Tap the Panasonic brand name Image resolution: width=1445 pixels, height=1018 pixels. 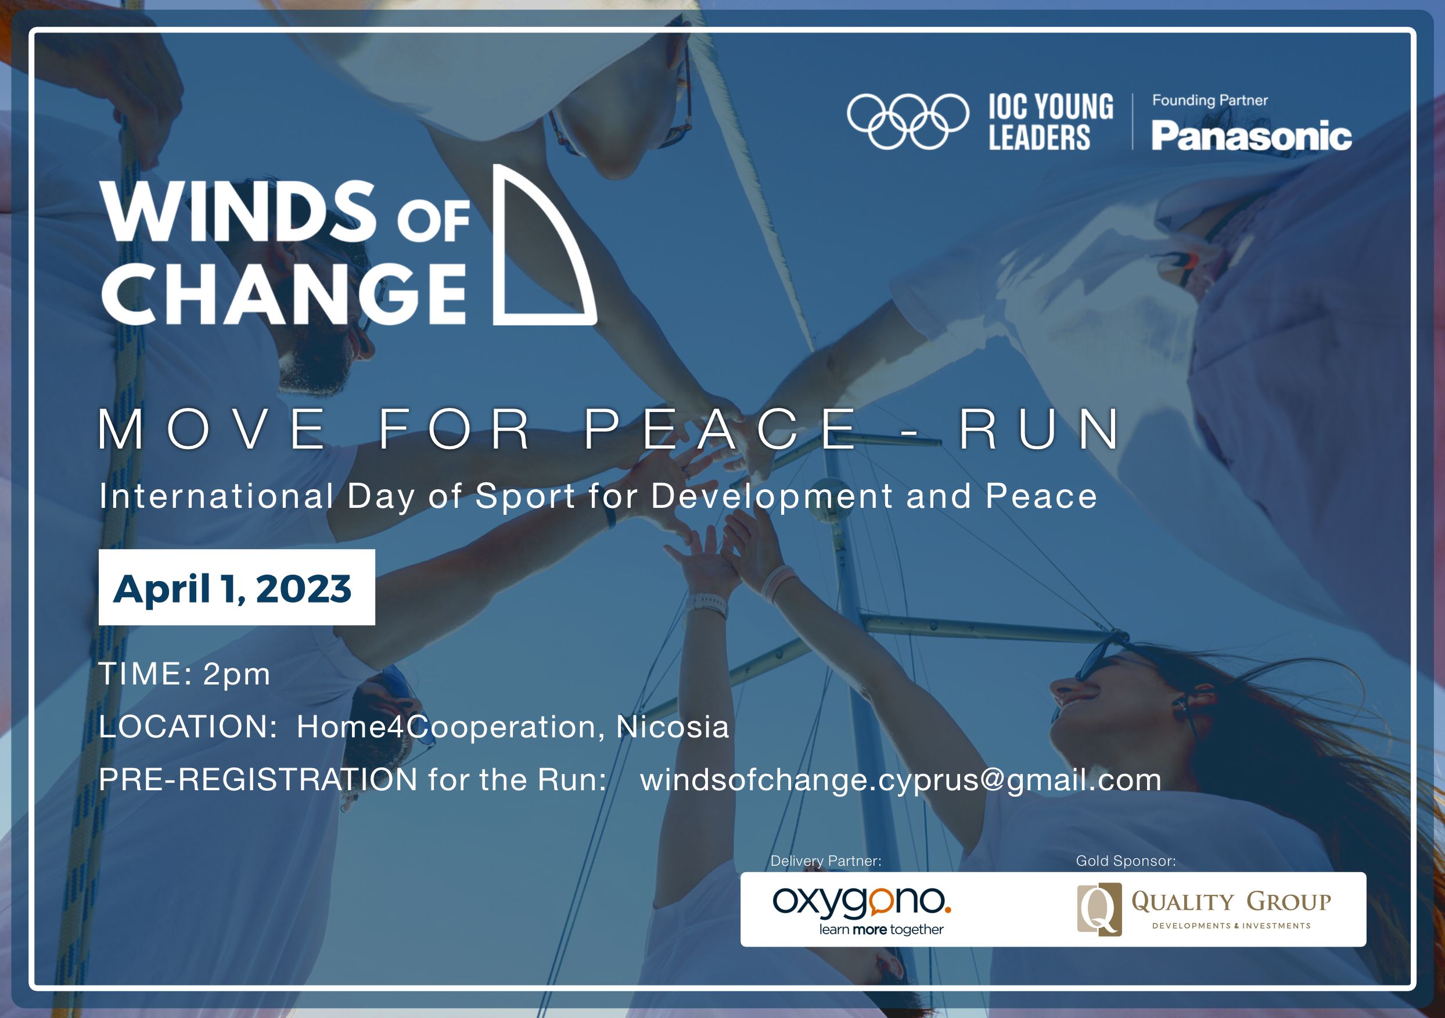pyautogui.click(x=1251, y=136)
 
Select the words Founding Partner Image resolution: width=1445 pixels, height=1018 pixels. pyautogui.click(x=1210, y=100)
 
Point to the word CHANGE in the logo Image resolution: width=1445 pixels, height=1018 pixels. pyautogui.click(x=283, y=293)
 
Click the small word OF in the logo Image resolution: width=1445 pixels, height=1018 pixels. pyautogui.click(x=434, y=221)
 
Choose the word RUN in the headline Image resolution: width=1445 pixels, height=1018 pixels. pyautogui.click(x=1039, y=429)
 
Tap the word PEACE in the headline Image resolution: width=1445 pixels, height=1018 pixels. pyautogui.click(x=721, y=429)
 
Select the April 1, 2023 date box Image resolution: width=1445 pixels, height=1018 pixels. pyautogui.click(x=236, y=587)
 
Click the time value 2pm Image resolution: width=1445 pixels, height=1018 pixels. pyautogui.click(x=236, y=674)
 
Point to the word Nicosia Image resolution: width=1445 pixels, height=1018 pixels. pyautogui.click(x=672, y=726)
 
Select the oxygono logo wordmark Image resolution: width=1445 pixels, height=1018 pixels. pyautogui.click(x=861, y=902)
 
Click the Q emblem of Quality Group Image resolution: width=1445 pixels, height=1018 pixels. pyautogui.click(x=1099, y=909)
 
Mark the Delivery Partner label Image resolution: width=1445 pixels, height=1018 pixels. pyautogui.click(x=826, y=861)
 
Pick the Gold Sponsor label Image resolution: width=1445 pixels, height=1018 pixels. pyautogui.click(x=1126, y=861)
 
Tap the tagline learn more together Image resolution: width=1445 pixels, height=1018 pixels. pyautogui.click(x=881, y=929)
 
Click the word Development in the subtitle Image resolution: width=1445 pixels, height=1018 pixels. pyautogui.click(x=772, y=497)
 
